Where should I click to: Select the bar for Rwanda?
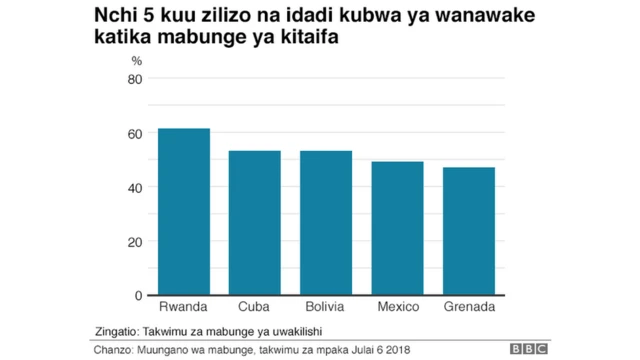pos(184,212)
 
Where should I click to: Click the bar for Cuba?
pos(255,223)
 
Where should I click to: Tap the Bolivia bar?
pos(326,223)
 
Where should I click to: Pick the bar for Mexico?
pos(398,228)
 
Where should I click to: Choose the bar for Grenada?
pos(469,231)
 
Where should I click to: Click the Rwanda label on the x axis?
pos(184,306)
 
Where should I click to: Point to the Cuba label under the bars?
pos(255,306)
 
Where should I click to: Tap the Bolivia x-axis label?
pos(326,306)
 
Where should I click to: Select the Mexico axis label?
pos(398,306)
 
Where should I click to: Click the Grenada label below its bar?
pos(469,306)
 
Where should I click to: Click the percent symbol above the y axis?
pos(137,61)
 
